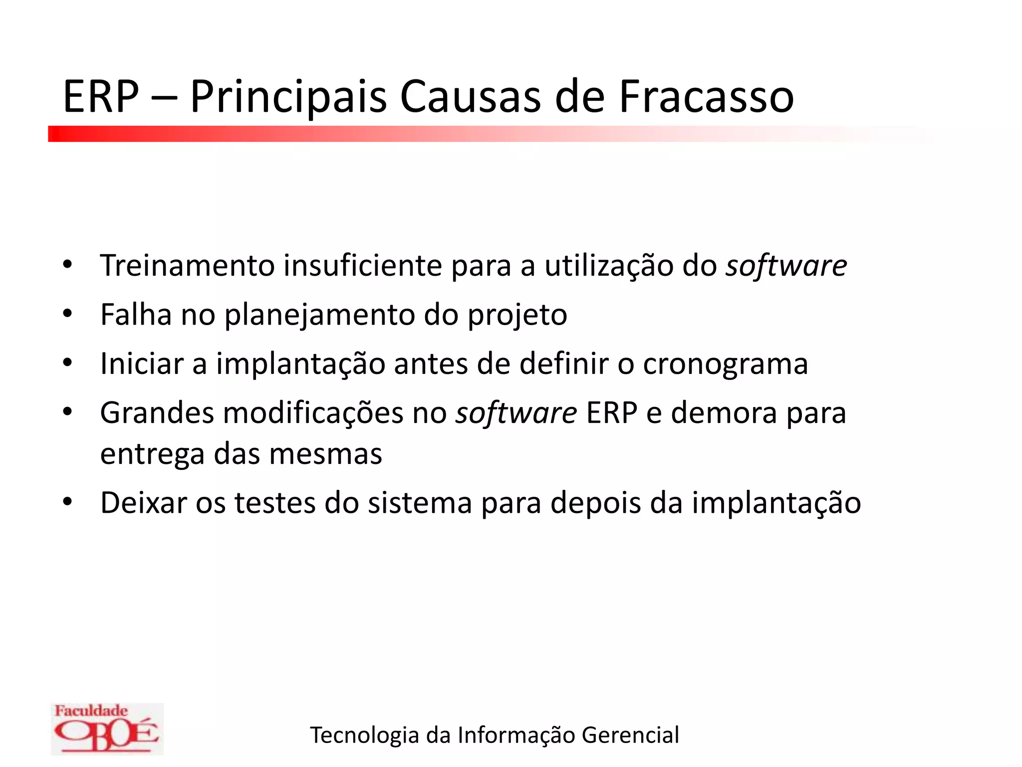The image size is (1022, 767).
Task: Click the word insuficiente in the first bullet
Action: click(363, 265)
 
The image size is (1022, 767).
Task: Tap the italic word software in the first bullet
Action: click(786, 265)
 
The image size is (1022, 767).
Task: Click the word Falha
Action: click(136, 315)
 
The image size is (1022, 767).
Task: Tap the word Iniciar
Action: click(142, 364)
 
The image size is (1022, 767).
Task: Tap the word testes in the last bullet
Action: click(275, 503)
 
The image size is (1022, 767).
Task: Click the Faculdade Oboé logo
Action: click(107, 729)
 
